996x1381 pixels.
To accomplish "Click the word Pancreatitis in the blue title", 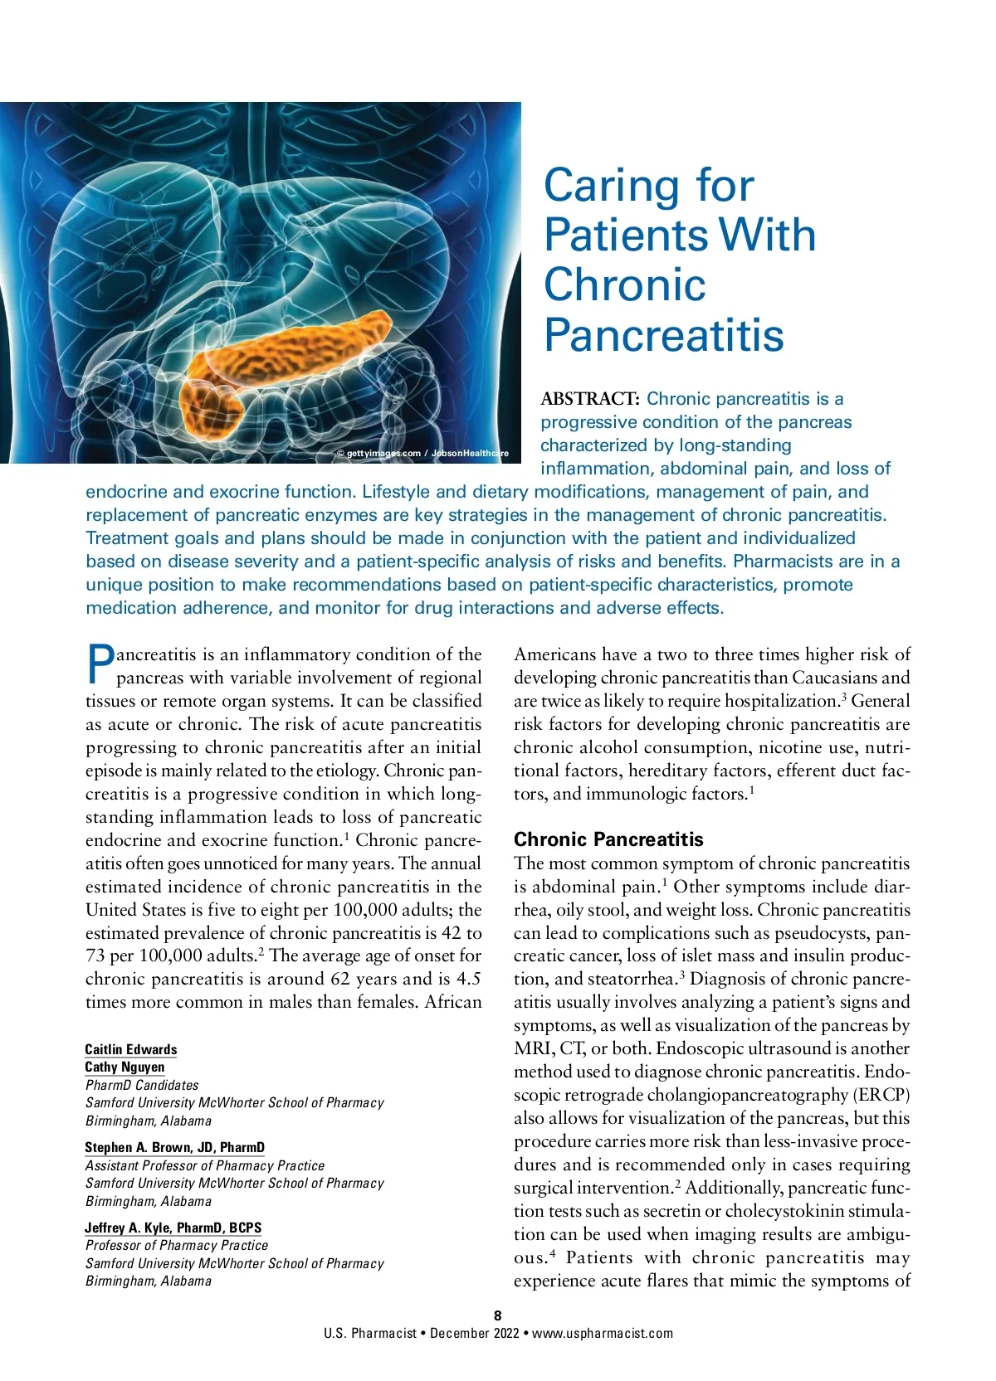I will click(x=663, y=335).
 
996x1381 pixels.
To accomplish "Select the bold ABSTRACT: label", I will click(x=589, y=399).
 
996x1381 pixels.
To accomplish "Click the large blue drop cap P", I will click(x=100, y=665).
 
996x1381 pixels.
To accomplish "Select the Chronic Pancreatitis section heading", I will click(x=608, y=839).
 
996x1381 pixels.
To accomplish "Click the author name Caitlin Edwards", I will click(x=131, y=1049).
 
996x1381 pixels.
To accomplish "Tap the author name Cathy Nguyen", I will click(x=124, y=1067).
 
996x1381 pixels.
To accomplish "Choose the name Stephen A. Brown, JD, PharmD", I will click(x=174, y=1148).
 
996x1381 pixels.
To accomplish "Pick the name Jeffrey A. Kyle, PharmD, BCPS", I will click(x=173, y=1228).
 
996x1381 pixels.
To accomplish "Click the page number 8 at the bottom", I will click(x=498, y=1315).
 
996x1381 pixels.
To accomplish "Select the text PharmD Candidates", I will click(x=142, y=1085).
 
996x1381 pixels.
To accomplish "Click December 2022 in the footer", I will click(x=474, y=1334).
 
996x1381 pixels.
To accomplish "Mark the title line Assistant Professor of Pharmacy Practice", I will click(x=205, y=1165).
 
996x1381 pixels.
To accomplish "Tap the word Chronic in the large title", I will click(x=624, y=285).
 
